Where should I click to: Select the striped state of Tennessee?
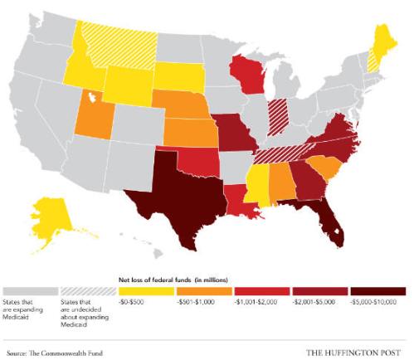point(278,153)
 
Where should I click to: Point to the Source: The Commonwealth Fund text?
point(54,353)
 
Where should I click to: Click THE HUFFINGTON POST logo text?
point(357,353)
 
